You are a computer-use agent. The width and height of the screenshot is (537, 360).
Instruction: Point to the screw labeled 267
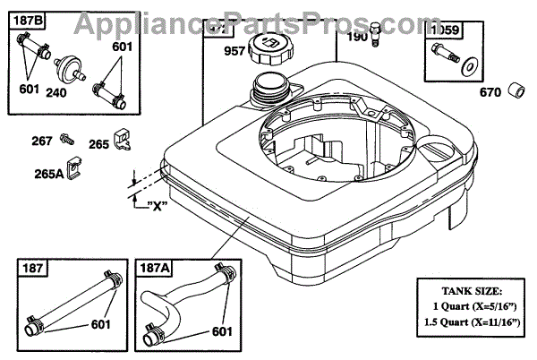coord(66,140)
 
